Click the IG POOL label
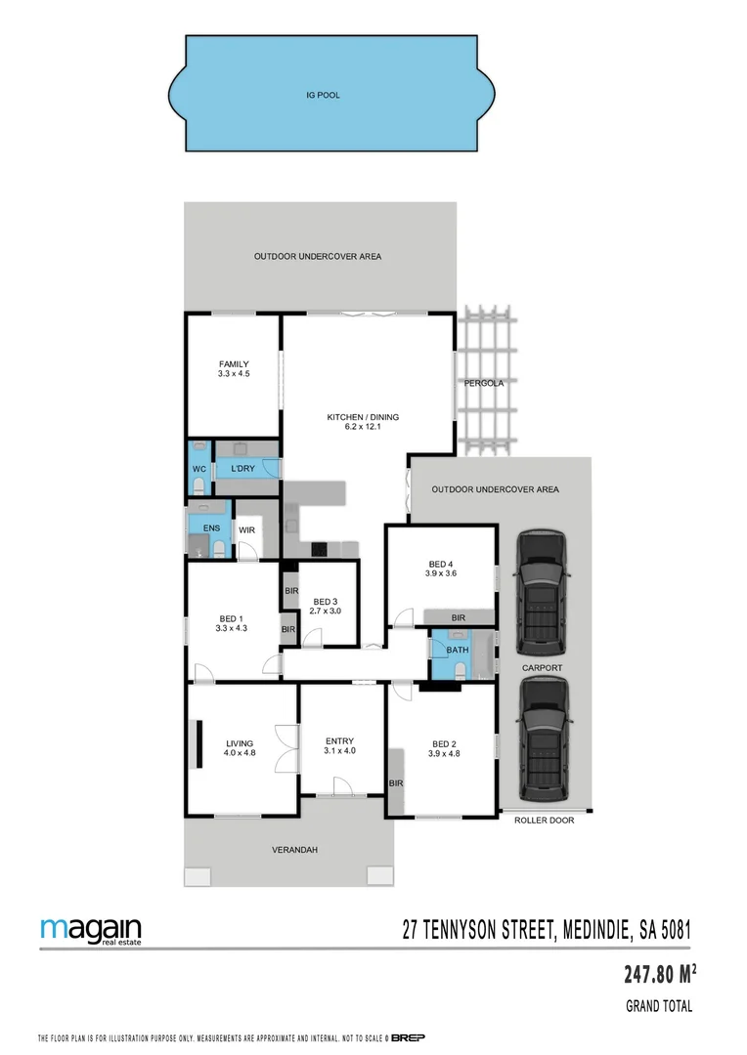coord(322,96)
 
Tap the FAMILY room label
coord(234,364)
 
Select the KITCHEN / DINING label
coord(363,417)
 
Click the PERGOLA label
coord(484,383)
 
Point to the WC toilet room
coord(198,469)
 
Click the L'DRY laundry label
coord(243,469)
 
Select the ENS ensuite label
coord(211,528)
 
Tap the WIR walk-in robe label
coord(247,529)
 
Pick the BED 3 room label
coord(325,602)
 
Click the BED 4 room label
coord(441,564)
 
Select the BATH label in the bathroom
coord(458,650)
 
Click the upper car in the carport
coord(541,593)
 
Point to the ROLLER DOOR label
coord(545,821)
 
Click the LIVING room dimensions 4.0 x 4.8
coord(240,753)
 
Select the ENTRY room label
coord(339,740)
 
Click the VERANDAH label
coord(294,850)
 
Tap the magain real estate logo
coord(91,931)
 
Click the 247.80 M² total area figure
coord(660,974)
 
